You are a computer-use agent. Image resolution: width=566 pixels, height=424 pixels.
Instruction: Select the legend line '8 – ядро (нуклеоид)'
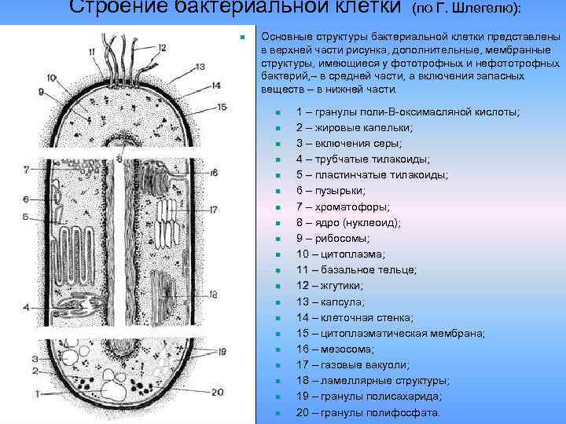[x=348, y=222]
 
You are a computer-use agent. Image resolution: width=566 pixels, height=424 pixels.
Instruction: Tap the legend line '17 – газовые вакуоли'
[x=352, y=365]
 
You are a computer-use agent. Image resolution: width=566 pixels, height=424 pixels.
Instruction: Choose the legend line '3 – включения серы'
[x=348, y=143]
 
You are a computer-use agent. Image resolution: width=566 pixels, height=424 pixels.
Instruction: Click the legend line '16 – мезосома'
[x=335, y=349]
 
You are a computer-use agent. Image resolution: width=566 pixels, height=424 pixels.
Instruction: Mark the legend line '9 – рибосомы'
[x=335, y=238]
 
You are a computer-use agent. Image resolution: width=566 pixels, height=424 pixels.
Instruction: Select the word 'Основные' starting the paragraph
[x=285, y=37]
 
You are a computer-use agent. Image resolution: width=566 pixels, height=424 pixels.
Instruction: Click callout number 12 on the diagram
[x=161, y=48]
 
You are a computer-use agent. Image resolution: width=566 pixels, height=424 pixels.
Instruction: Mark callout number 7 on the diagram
[x=26, y=169]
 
